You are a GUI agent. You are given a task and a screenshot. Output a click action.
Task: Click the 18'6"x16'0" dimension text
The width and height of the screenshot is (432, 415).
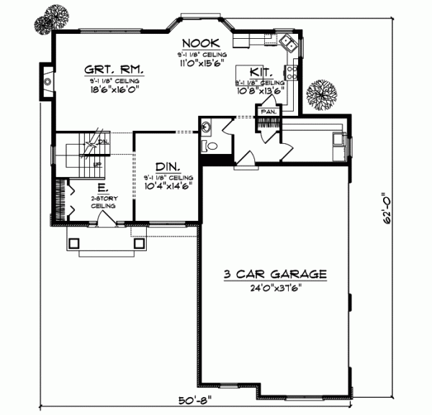(115, 91)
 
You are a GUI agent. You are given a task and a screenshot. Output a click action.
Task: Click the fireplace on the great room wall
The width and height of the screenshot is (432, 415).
(47, 81)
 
